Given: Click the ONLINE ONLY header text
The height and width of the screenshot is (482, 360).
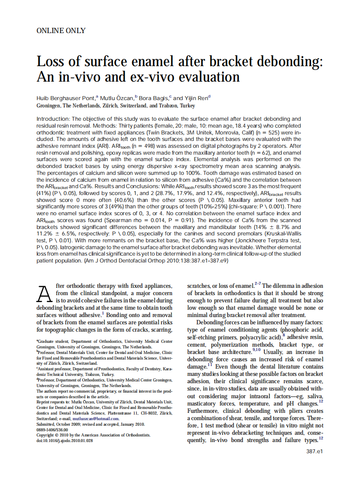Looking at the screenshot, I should [x=61, y=31].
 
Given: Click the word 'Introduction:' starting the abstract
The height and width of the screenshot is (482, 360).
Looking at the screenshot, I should [x=53, y=119].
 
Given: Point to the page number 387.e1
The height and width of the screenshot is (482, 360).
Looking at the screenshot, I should [x=314, y=451].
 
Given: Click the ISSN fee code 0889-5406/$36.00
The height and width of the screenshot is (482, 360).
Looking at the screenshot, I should [x=52, y=429].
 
